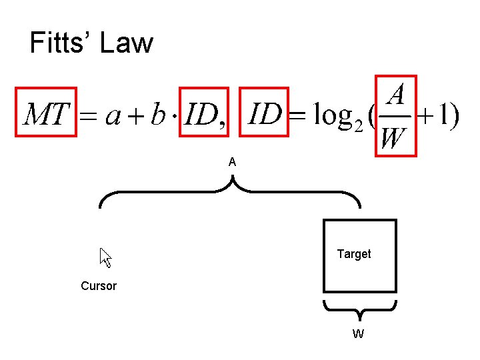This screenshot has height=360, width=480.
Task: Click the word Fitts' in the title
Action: click(x=62, y=44)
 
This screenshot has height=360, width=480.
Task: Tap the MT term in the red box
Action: click(x=46, y=116)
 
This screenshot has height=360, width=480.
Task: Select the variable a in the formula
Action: click(x=112, y=117)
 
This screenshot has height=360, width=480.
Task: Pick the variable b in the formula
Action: click(x=157, y=116)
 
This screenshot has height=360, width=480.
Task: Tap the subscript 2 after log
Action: click(x=358, y=127)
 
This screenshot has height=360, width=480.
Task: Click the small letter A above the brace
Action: click(x=232, y=162)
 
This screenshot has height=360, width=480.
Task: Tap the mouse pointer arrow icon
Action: click(x=105, y=257)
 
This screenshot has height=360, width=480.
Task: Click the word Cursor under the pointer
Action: click(x=98, y=286)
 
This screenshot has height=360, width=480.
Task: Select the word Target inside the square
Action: click(x=354, y=254)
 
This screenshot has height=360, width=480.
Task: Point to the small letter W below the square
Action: click(x=358, y=334)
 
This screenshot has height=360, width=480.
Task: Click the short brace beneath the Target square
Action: click(x=360, y=309)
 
